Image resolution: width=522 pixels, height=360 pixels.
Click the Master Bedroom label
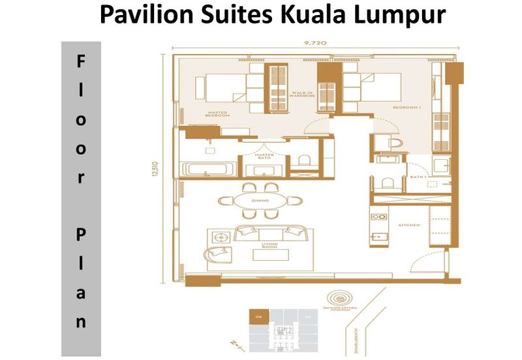217,115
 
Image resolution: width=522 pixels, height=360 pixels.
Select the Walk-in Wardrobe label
303,96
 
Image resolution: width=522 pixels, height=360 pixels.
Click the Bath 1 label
418,175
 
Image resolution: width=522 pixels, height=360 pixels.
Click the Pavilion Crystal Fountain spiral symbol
341,296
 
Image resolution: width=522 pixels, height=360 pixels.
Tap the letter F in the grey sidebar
81,62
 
